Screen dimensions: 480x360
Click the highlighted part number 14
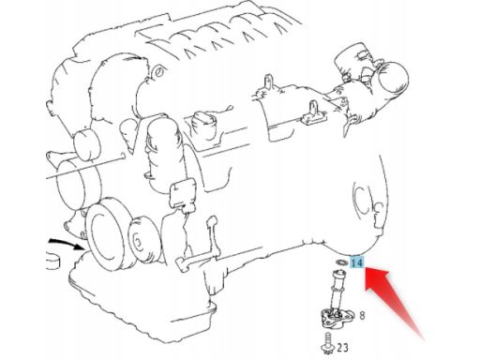click(x=356, y=262)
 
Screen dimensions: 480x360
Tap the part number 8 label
click(x=362, y=316)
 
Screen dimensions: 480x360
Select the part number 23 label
click(x=342, y=348)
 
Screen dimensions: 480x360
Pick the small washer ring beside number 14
click(x=341, y=262)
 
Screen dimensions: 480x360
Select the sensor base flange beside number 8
click(x=336, y=319)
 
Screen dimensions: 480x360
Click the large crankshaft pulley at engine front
click(x=105, y=232)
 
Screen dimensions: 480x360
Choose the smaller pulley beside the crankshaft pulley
click(x=142, y=240)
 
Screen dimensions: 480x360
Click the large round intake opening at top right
click(x=393, y=78)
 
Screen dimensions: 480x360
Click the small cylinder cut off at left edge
click(x=52, y=261)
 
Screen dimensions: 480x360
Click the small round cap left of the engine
click(x=87, y=144)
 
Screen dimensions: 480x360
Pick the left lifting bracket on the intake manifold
click(x=268, y=83)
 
